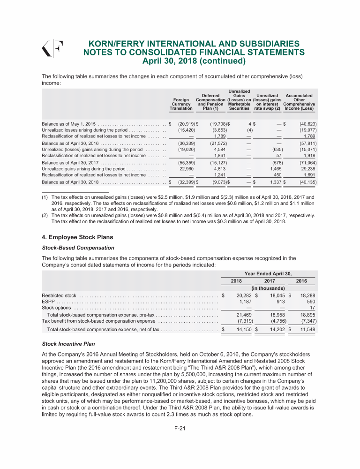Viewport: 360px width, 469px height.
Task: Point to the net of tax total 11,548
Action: point(305,330)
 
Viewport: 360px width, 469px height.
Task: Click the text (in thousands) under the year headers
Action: point(268,288)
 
